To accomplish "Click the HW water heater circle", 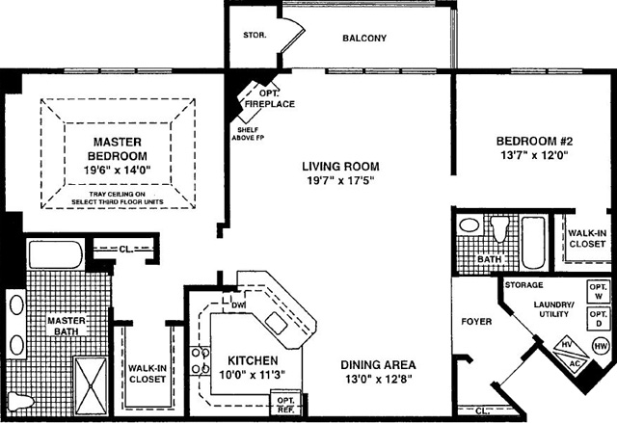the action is click(601, 346).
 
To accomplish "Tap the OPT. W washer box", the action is click(599, 291).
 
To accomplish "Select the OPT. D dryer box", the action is click(599, 319).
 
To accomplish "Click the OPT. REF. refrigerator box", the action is click(285, 405).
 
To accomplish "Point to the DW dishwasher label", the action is click(238, 304).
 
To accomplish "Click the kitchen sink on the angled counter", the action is click(276, 323).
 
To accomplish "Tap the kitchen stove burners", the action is click(200, 360).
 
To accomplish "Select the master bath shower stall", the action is click(91, 385).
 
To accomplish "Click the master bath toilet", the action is click(20, 401).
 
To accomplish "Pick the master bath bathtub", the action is click(55, 254).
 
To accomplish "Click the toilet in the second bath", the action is click(499, 228).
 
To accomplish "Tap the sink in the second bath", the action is click(469, 225).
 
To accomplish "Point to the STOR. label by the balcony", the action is click(255, 35).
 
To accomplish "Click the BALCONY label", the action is click(364, 39).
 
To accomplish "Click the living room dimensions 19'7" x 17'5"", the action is click(340, 181).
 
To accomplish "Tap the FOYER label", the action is click(476, 322).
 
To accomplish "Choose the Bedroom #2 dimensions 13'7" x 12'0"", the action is click(535, 155).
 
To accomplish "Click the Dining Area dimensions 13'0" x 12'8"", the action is click(378, 380).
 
